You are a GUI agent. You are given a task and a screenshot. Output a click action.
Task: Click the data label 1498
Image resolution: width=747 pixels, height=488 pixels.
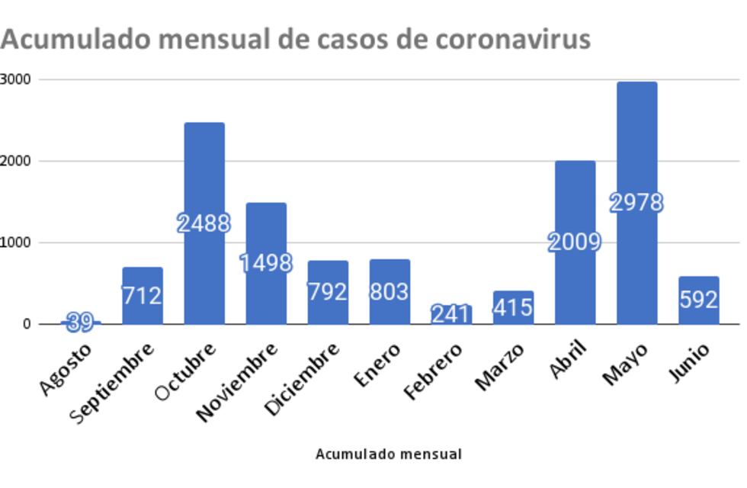pos(265,263)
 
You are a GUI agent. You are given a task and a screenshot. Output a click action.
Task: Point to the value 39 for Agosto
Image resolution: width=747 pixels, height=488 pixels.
pos(80,323)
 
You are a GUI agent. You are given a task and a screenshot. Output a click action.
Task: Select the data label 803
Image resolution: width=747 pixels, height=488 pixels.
pos(389,292)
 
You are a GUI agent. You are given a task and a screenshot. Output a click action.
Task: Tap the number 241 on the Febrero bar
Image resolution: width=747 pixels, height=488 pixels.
pos(450,313)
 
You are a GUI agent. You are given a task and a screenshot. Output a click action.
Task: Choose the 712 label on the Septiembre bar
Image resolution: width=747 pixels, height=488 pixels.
pos(142,295)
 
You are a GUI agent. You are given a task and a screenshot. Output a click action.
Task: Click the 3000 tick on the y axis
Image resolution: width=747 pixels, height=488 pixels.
pos(15,79)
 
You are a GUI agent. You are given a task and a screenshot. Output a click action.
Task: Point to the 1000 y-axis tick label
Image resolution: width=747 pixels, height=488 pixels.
pos(15,242)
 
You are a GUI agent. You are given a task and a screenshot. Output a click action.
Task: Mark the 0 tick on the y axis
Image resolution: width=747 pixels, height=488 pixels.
pos(27,324)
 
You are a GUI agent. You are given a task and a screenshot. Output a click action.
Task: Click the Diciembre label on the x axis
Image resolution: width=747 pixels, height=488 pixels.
pos(302,379)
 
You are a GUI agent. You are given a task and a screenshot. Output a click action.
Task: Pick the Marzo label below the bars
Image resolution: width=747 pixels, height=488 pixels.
pos(499,368)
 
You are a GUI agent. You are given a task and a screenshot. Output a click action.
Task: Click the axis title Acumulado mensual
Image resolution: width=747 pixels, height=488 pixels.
pos(389,454)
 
